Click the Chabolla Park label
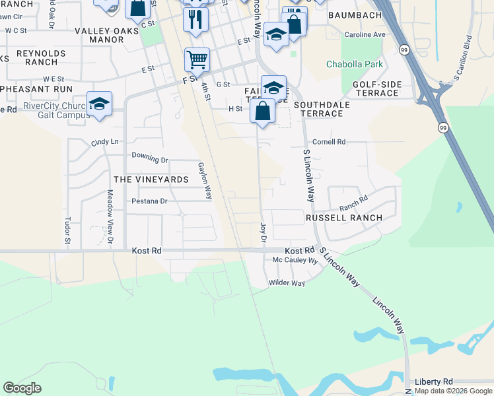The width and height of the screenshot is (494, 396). tap(354, 64)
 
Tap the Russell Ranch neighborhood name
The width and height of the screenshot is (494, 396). tap(343, 218)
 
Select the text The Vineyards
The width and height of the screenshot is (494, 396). tap(151, 180)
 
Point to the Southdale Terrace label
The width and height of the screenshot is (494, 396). tap(318, 109)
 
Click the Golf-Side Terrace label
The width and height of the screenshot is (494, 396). tap(376, 89)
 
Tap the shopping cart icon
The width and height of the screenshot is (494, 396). tap(197, 60)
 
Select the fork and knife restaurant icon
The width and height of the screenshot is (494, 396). tap(195, 19)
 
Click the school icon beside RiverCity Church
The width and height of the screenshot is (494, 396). tap(99, 104)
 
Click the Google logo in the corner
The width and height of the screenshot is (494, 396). tap(22, 388)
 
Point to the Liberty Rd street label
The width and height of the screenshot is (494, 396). tap(434, 382)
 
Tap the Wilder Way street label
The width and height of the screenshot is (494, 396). tap(286, 283)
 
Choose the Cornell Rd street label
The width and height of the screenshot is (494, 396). tap(329, 142)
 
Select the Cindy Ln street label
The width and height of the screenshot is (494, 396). tap(105, 142)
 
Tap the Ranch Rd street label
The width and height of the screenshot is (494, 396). tap(354, 196)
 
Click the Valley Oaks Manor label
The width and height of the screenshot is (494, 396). tap(99, 35)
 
